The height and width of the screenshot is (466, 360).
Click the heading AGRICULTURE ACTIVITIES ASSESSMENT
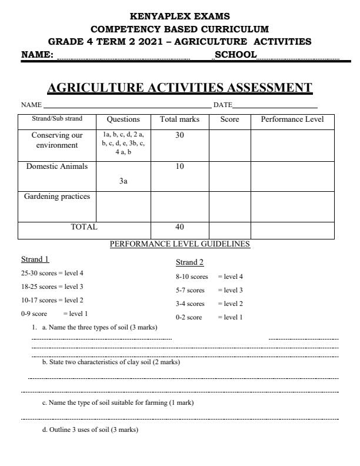click(179, 88)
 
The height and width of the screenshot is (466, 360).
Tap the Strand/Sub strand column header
click(57, 118)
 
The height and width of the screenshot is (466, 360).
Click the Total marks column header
click(179, 119)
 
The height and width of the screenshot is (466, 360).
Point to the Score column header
click(229, 119)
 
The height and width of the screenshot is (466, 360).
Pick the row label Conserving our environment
click(57, 139)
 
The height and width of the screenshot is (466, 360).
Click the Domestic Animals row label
click(57, 166)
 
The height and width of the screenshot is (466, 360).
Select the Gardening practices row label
click(57, 197)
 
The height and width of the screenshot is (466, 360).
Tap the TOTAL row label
click(88, 227)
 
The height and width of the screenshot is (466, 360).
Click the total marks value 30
click(179, 135)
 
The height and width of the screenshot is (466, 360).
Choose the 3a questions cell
click(123, 182)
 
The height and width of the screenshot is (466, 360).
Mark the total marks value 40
click(179, 227)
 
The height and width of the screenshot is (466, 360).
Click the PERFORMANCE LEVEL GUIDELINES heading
click(180, 244)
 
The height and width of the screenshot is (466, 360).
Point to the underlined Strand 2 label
click(189, 262)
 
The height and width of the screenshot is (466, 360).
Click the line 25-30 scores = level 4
click(52, 273)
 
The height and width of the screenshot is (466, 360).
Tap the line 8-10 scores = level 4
click(209, 276)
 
